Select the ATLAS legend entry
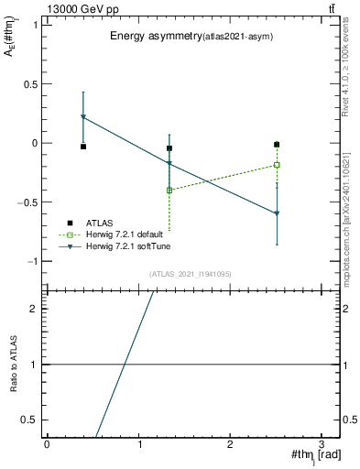click(x=101, y=223)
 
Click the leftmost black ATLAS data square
click(x=83, y=147)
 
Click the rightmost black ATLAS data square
click(x=277, y=144)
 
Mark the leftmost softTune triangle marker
click(x=83, y=117)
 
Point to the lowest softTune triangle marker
click(x=277, y=213)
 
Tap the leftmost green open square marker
click(x=169, y=190)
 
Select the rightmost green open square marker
click(x=277, y=165)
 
